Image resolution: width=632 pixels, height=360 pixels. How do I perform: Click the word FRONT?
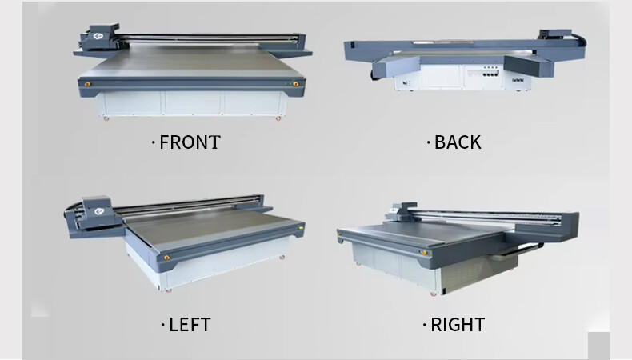(190, 142)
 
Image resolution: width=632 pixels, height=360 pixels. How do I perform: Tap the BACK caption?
(458, 142)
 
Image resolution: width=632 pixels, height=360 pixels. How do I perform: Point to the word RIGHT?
(458, 325)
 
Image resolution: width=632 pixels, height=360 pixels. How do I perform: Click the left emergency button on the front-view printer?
(90, 82)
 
